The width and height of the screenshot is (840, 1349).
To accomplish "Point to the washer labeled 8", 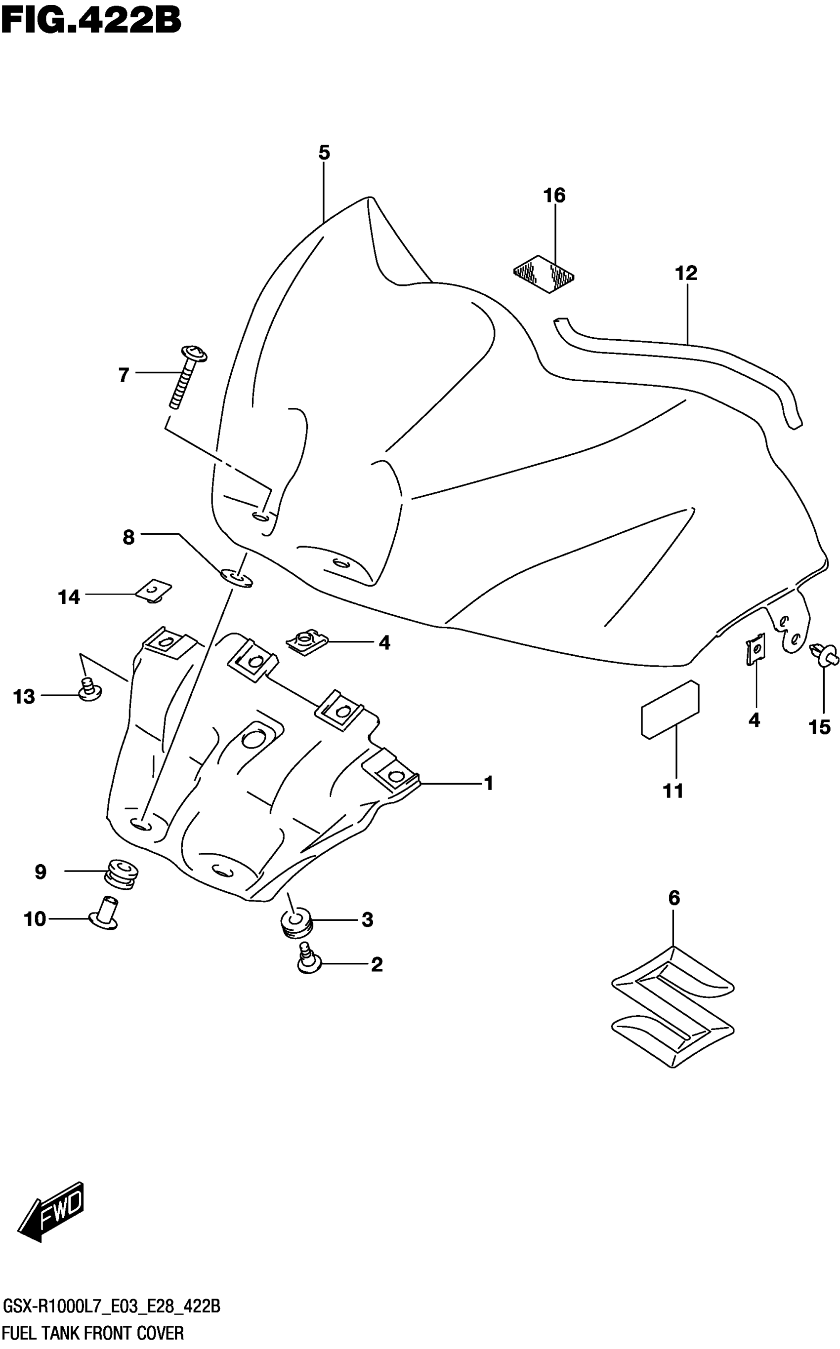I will coord(237,577).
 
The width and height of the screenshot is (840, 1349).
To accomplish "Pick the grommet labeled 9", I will coord(121,875).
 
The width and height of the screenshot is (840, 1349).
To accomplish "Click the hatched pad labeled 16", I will coord(544,274).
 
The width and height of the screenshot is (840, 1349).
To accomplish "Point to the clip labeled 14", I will coord(154,591).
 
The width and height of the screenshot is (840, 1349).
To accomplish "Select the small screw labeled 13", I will coord(89,689).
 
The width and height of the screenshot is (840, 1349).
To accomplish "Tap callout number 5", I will coord(325,152).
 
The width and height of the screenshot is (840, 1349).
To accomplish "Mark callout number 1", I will coord(488,783).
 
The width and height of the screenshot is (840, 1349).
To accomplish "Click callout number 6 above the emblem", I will coord(673,897).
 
